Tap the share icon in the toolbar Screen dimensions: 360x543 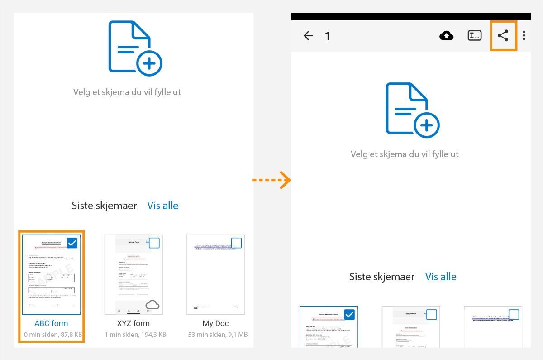[x=503, y=36]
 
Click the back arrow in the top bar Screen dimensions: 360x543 [x=308, y=36]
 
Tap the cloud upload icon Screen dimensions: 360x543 [x=447, y=36]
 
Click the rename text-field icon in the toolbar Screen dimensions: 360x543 [x=475, y=36]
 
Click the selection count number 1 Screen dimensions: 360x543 [x=328, y=36]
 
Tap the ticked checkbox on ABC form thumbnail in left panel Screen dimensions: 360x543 [x=72, y=243]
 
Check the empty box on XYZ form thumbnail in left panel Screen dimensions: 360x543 [x=154, y=243]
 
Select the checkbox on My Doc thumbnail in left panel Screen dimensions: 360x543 [x=236, y=243]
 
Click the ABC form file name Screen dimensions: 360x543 [x=51, y=323]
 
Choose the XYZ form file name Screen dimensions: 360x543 [x=133, y=323]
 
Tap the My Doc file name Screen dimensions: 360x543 [x=215, y=323]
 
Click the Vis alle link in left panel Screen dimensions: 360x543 [x=163, y=206]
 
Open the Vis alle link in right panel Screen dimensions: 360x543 [x=441, y=277]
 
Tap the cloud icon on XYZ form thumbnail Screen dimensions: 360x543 [x=152, y=305]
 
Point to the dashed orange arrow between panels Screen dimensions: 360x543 [x=271, y=180]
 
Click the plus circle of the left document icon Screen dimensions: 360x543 [x=149, y=62]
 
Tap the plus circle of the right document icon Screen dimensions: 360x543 [x=426, y=125]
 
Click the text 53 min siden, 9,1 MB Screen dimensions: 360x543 [x=218, y=335]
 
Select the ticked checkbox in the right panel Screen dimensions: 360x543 [x=349, y=314]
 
